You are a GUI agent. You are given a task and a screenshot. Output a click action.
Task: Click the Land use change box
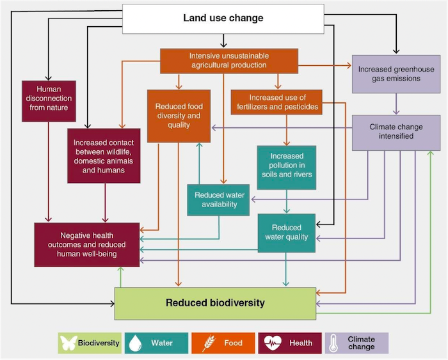[x=223, y=18]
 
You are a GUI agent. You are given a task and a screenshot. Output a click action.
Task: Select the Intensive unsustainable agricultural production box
[x=228, y=61]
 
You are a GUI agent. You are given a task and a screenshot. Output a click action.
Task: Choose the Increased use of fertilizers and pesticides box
[x=275, y=102]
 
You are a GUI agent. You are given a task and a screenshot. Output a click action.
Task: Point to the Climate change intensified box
[x=391, y=132]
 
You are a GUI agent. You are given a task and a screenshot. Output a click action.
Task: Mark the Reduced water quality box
[x=286, y=232]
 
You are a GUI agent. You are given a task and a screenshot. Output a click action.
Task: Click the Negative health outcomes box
[x=87, y=244]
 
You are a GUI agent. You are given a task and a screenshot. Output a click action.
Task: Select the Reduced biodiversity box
[x=215, y=303]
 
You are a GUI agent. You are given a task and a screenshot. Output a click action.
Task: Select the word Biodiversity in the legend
[x=99, y=343]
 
